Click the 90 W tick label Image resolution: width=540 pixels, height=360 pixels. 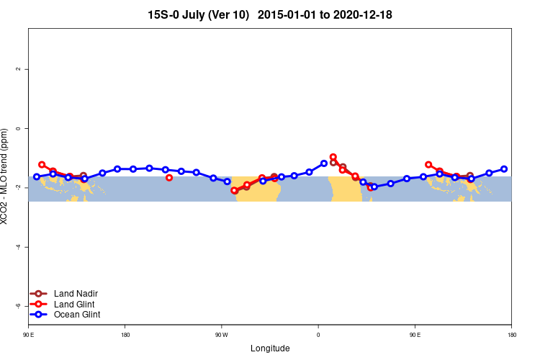(221, 335)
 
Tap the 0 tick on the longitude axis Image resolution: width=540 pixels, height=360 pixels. (318, 335)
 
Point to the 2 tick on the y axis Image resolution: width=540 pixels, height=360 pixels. (19, 69)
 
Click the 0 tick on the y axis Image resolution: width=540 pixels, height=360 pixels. (19, 128)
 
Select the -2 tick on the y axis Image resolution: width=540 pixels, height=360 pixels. (19, 187)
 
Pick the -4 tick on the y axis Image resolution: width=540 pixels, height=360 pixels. (19, 247)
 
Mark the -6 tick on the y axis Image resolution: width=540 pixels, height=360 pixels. (19, 306)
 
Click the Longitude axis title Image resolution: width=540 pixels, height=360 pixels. (270, 348)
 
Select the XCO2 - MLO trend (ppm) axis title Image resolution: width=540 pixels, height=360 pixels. (6, 176)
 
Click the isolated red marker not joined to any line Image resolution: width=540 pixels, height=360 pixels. (169, 177)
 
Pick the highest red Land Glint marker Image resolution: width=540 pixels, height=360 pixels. (333, 157)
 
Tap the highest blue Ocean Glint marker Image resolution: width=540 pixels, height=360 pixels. (324, 163)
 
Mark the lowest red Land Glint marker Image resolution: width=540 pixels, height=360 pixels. (234, 190)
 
